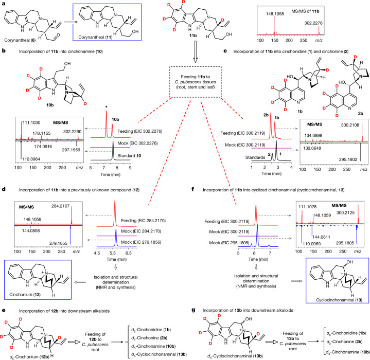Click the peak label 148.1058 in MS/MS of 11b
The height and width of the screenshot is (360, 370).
[275, 14]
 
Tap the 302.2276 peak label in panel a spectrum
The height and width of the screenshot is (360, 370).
[313, 23]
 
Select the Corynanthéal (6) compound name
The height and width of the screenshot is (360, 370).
[20, 40]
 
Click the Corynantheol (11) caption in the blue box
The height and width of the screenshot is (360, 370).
[95, 37]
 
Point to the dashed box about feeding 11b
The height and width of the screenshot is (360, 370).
[196, 82]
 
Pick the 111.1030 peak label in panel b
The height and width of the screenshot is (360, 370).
[31, 123]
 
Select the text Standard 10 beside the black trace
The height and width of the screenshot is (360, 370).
[129, 156]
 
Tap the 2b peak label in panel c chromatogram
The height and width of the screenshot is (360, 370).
[266, 115]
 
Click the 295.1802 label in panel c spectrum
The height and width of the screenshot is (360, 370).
[348, 159]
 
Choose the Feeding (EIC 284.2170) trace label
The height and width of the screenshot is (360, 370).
[144, 221]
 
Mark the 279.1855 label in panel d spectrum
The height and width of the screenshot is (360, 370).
[58, 243]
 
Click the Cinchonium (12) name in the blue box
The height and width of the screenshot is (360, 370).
[25, 295]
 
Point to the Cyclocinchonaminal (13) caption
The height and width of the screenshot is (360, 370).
[339, 300]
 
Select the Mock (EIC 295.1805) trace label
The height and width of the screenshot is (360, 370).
[229, 243]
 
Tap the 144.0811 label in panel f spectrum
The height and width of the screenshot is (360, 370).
[321, 237]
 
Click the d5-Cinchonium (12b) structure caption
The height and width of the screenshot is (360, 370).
[29, 357]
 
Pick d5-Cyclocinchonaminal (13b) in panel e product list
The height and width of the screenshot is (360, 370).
[159, 354]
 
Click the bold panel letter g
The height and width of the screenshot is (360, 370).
[193, 310]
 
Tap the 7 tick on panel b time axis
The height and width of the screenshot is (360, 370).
[104, 168]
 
